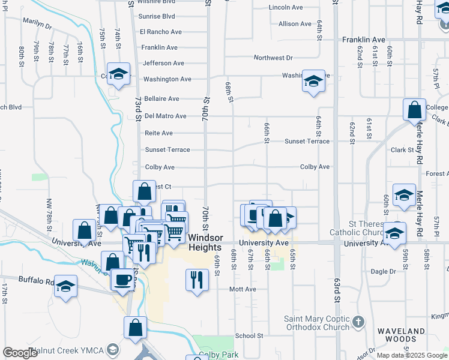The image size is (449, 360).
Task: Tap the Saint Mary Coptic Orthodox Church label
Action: (316, 323)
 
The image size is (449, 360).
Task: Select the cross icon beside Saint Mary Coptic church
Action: (359, 322)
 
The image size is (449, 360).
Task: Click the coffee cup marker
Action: (123, 279)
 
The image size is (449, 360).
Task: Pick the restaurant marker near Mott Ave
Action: (197, 280)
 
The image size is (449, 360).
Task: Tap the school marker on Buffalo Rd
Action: (65, 286)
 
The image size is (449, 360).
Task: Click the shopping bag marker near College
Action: (414, 110)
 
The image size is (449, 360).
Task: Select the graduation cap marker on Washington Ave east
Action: (313, 81)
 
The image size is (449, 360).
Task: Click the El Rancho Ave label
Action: (160, 32)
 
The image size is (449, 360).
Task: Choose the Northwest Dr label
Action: (273, 58)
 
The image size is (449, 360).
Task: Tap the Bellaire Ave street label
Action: (161, 98)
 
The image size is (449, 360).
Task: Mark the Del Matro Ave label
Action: (166, 116)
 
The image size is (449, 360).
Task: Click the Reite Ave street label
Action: (159, 133)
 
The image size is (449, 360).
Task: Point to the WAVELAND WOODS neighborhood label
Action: (402, 335)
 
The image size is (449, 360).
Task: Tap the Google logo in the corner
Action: (20, 353)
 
